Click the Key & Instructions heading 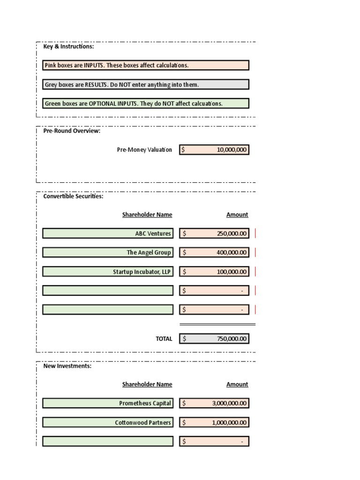[x=68, y=46]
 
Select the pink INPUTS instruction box [x=145, y=65]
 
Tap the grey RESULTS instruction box [x=145, y=84]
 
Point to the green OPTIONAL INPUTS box [x=145, y=103]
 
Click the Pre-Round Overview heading [x=72, y=131]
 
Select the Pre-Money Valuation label [x=144, y=150]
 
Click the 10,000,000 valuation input [x=214, y=150]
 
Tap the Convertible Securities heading [x=73, y=196]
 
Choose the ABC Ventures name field [x=108, y=233]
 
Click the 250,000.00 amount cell [x=214, y=233]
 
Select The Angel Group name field [x=108, y=253]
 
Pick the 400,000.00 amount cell [x=214, y=253]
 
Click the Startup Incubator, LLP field [x=108, y=272]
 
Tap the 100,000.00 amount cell [x=214, y=272]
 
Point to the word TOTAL [x=164, y=338]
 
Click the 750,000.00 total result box [x=214, y=338]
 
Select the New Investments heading [x=67, y=366]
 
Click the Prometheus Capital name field [x=108, y=403]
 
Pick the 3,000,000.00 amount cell [x=214, y=403]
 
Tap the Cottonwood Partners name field [x=108, y=423]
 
